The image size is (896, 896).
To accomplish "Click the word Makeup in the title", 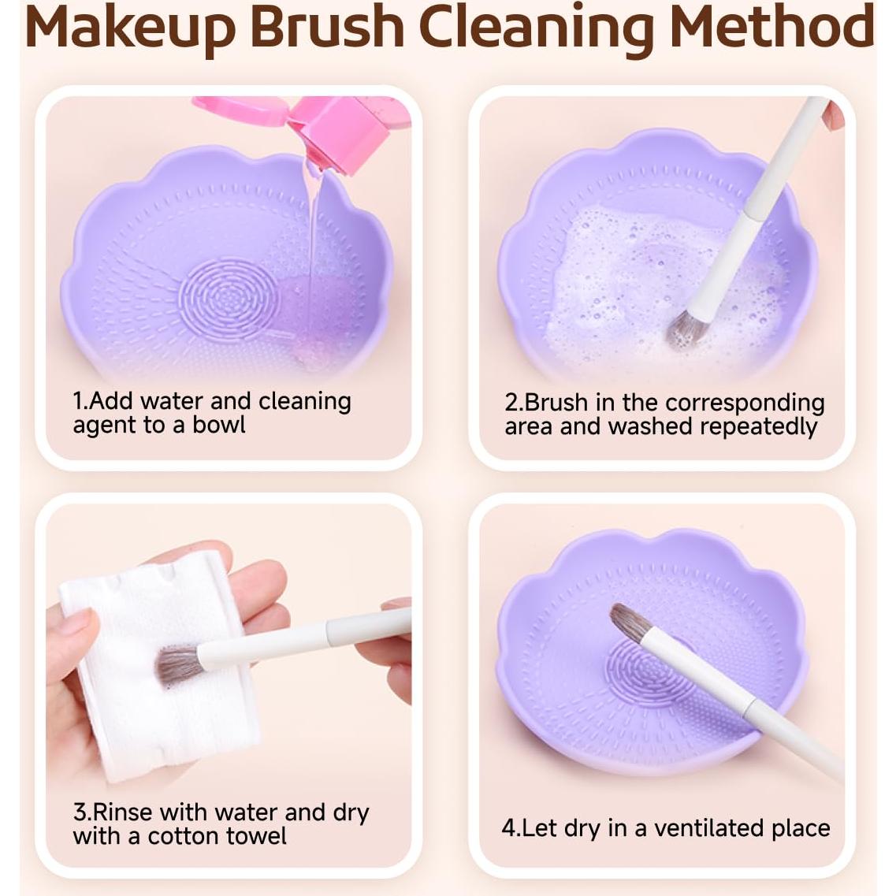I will tap(130, 27).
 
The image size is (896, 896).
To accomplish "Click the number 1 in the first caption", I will tap(77, 401).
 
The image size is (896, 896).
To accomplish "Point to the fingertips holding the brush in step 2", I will tap(832, 117).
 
